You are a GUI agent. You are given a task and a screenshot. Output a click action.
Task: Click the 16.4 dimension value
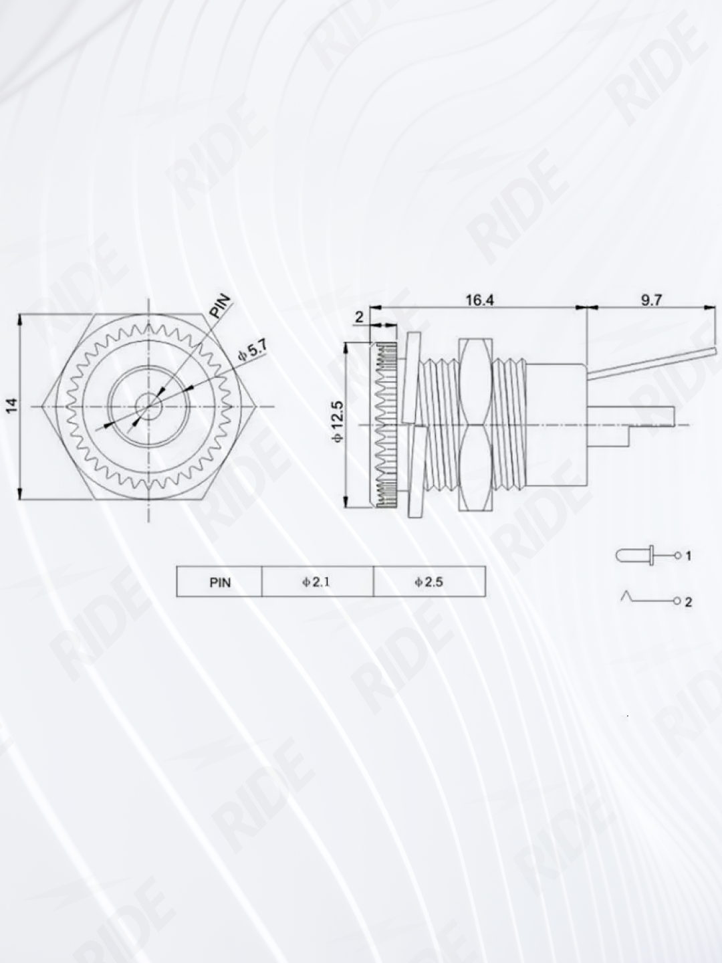[479, 300]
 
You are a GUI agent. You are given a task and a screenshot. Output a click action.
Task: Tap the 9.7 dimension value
[652, 300]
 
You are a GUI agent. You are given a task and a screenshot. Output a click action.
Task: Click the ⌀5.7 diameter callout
[252, 351]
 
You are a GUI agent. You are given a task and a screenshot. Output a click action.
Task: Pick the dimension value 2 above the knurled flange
[359, 317]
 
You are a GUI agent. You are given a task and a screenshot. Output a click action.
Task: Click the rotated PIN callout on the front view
[221, 306]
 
